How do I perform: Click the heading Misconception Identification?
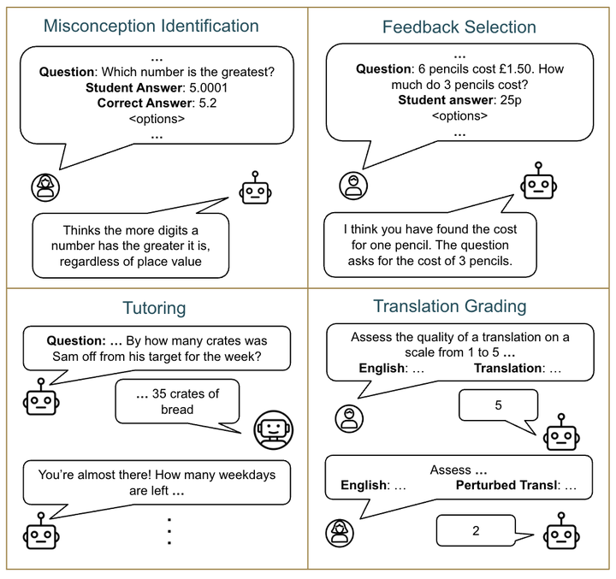[151, 27]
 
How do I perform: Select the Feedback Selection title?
[459, 27]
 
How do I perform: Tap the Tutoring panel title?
[154, 309]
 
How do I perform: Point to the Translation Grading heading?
[450, 306]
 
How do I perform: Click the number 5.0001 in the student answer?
[209, 87]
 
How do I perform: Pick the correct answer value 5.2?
[208, 103]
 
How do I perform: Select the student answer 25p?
[511, 100]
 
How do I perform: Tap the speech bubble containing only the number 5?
[499, 409]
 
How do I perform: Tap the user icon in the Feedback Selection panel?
[353, 186]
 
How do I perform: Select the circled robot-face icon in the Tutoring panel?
[274, 430]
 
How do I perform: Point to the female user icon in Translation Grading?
[340, 533]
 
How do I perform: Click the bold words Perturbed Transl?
[506, 486]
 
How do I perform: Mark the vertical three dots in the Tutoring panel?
[169, 531]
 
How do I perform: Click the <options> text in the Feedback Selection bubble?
[459, 115]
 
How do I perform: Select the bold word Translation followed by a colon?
[507, 368]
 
